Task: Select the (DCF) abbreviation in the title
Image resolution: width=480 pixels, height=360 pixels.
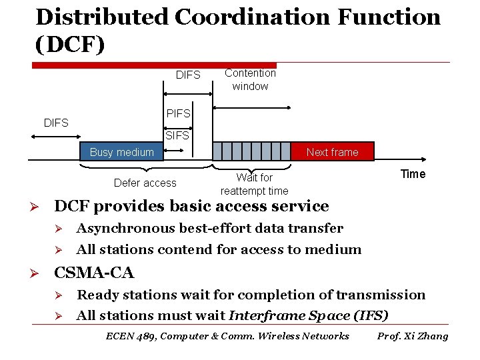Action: pos(69,44)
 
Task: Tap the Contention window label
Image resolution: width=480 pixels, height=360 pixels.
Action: pos(250,79)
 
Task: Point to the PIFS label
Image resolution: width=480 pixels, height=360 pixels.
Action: pos(178,114)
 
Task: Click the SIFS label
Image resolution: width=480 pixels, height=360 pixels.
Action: pos(177,135)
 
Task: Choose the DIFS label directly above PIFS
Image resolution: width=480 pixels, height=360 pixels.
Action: pos(188,75)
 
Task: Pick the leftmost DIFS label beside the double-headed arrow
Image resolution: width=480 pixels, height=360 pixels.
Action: pos(56,123)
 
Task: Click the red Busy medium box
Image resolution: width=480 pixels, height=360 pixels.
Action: pos(122,152)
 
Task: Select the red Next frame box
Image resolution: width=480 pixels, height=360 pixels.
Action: pos(333,152)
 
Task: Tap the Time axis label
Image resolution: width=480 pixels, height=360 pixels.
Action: pos(413,174)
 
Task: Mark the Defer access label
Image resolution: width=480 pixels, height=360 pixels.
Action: pos(145,183)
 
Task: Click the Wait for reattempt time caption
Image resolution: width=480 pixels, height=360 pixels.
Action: pos(254,184)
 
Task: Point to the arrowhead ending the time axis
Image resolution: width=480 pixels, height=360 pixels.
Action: pos(422,159)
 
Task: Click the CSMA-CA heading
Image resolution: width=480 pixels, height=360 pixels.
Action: pos(94,273)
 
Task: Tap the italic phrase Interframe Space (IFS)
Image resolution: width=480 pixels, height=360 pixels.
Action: pos(308,316)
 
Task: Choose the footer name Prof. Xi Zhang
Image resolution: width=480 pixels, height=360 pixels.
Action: pos(413,336)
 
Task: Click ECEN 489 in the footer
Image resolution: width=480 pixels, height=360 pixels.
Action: pos(131,336)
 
